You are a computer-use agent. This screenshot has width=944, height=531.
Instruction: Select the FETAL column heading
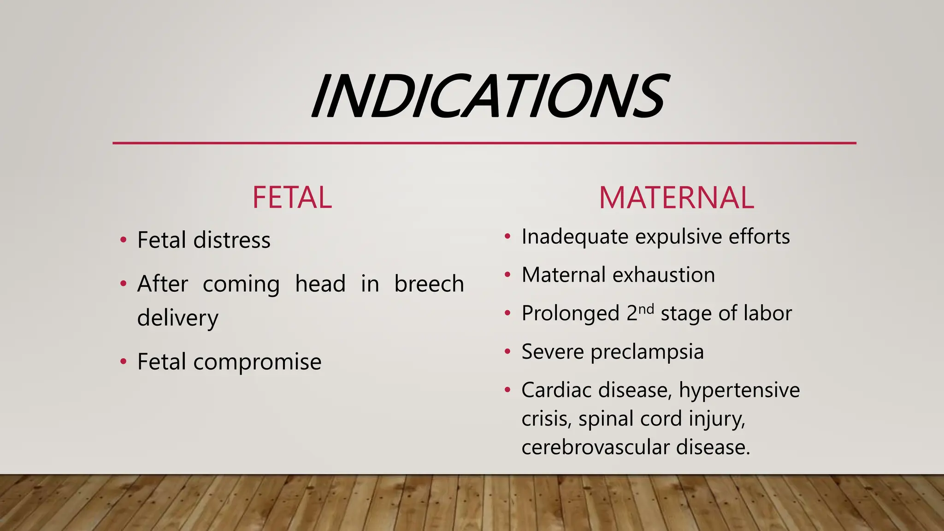pos(292,198)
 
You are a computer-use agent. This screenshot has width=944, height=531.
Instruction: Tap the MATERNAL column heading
pos(676,198)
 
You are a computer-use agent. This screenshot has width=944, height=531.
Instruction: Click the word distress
pos(232,240)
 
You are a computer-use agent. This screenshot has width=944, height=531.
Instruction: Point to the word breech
pos(429,283)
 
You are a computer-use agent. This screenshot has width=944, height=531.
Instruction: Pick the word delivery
pos(178,318)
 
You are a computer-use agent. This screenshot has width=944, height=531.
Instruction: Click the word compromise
pos(257,362)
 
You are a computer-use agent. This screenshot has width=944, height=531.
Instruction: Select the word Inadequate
pos(574,237)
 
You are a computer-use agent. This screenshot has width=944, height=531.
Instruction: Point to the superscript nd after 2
pos(646,308)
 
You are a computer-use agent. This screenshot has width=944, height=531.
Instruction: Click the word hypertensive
pos(739,390)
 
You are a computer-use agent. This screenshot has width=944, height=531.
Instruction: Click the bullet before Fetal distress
pos(123,240)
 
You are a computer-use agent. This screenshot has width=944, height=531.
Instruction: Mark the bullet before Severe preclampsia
pos(507,352)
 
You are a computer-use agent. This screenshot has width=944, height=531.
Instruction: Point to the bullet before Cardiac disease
pos(507,390)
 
